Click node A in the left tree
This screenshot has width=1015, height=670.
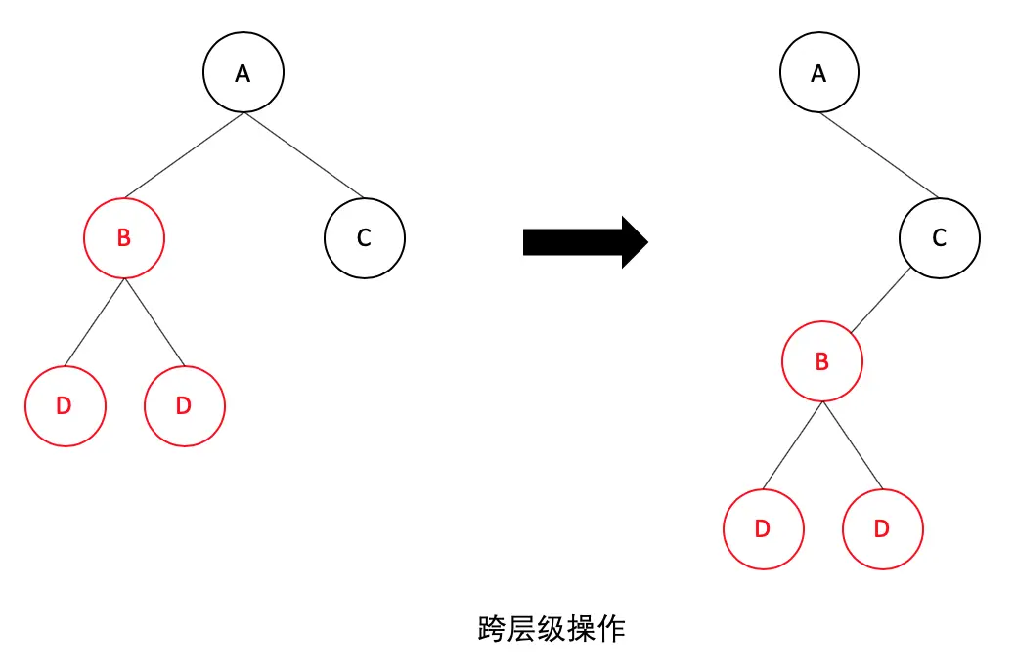(x=243, y=74)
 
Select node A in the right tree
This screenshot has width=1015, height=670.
(x=819, y=74)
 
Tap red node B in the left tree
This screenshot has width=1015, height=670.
(x=124, y=238)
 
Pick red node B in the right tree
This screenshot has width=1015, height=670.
(x=822, y=362)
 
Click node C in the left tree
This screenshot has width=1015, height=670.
(x=364, y=238)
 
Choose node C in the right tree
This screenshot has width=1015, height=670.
(x=940, y=238)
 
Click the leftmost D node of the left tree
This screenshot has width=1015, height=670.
(x=65, y=406)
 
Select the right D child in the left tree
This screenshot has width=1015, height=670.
(x=184, y=406)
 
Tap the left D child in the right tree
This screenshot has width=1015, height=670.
(x=763, y=529)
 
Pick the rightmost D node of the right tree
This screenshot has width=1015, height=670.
(x=882, y=529)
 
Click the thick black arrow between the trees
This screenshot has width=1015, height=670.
(x=585, y=241)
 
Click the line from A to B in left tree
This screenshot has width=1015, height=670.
(x=184, y=156)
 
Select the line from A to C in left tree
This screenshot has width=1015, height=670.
(x=303, y=155)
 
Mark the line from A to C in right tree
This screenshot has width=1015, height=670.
(x=879, y=155)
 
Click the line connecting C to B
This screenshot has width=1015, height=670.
(x=880, y=300)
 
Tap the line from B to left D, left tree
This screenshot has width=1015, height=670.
(x=95, y=322)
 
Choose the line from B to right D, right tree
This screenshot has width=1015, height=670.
(x=852, y=445)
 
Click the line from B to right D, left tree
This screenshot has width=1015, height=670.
(x=154, y=322)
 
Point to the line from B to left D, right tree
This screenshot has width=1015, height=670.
(x=793, y=445)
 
